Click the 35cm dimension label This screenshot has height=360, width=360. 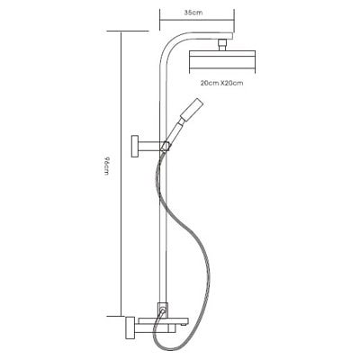[x=193, y=13]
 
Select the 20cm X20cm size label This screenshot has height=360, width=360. [x=221, y=83]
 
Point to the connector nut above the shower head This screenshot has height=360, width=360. [x=222, y=45]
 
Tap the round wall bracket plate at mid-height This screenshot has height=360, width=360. [x=135, y=147]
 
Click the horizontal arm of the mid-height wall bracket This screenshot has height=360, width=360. [x=150, y=146]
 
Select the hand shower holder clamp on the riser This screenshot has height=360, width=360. [x=166, y=147]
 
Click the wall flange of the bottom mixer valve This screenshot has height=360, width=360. [x=130, y=328]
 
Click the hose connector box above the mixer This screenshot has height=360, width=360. [x=162, y=309]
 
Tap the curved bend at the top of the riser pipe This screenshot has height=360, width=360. [x=172, y=42]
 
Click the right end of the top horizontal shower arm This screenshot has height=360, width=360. [x=232, y=35]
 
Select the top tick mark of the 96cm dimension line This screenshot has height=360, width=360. [x=128, y=31]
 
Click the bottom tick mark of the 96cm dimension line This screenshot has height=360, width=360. [x=116, y=316]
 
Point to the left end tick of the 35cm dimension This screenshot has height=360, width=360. [x=160, y=20]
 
